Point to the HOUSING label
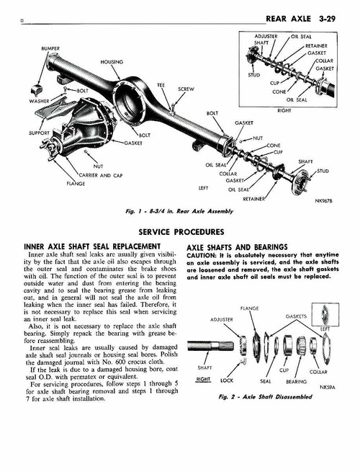(x=111, y=62)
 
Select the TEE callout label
(x=160, y=86)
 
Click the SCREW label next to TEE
(x=185, y=89)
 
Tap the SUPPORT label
(x=19, y=133)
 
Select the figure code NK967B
(x=323, y=202)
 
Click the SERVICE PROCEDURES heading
(x=180, y=232)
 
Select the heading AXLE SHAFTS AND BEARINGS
(x=237, y=246)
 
